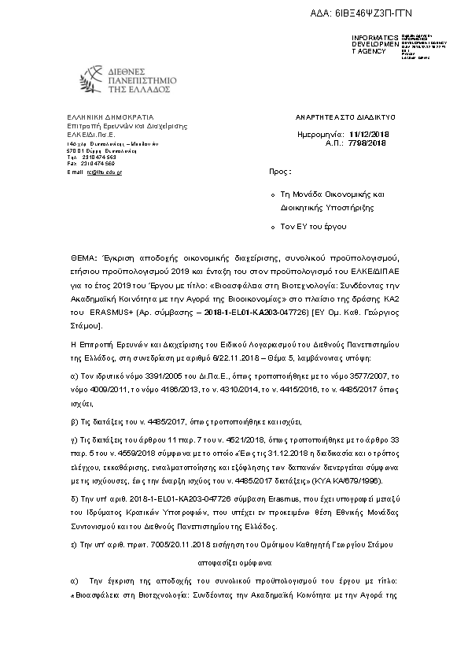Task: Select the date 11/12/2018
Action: [x=369, y=135]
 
